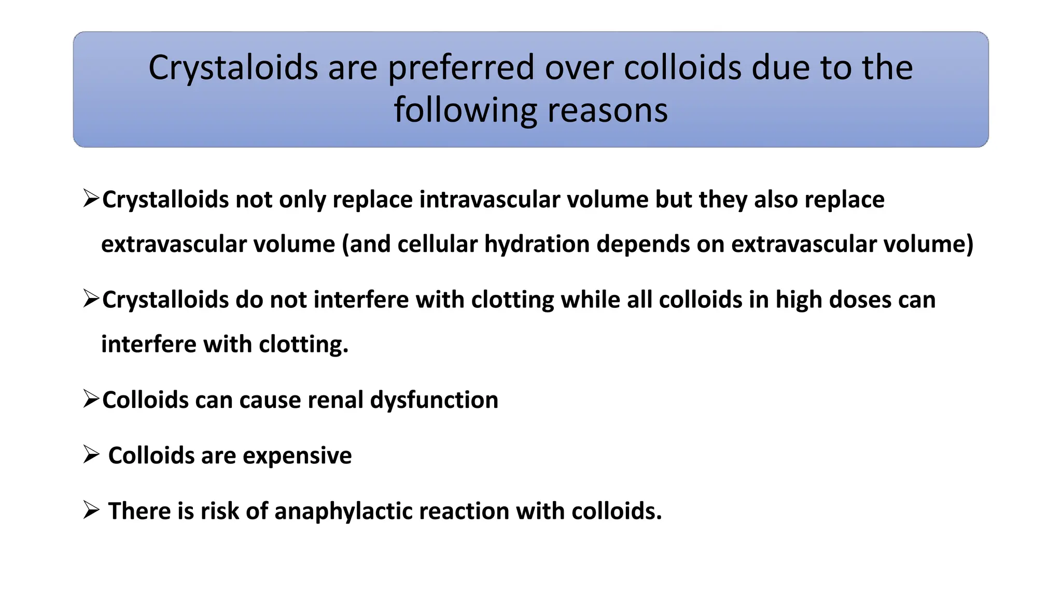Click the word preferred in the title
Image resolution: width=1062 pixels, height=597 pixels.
tap(460, 68)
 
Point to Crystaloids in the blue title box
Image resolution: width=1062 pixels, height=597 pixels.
tap(233, 68)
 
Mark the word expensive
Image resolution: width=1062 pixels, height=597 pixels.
tap(297, 456)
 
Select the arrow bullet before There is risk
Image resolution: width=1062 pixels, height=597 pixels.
tap(91, 511)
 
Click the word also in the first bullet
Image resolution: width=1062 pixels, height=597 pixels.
tap(775, 200)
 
